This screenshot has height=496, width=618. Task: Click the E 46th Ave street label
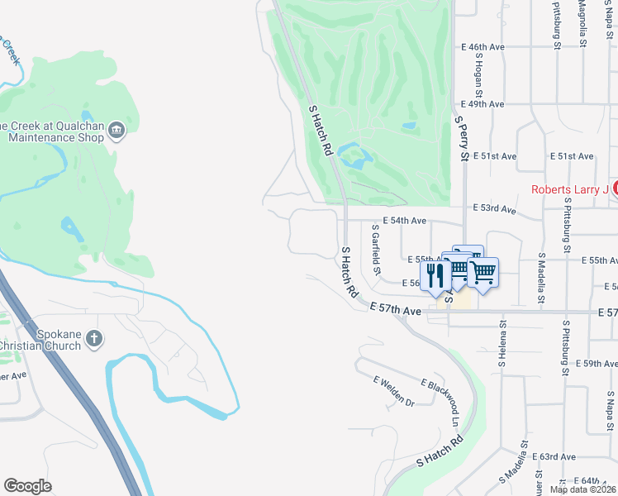click(486, 47)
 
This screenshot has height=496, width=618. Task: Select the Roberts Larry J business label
click(569, 189)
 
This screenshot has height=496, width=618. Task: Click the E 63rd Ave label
click(556, 456)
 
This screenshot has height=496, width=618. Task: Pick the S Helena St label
click(502, 346)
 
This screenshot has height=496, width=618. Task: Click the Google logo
click(28, 486)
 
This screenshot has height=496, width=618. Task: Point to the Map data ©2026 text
click(583, 489)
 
